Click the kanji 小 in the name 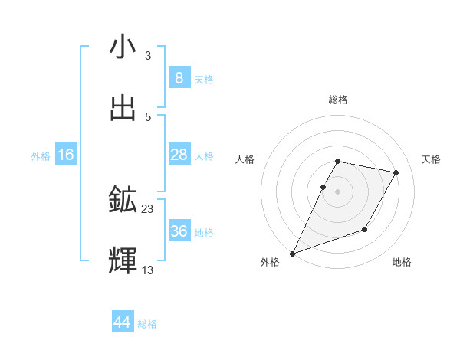click(123, 47)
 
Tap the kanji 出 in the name click(123, 109)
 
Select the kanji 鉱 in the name click(123, 201)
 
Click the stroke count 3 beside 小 click(147, 55)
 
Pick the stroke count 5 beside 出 click(147, 116)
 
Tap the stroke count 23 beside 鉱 click(148, 208)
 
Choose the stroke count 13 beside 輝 click(148, 270)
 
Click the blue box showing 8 click(179, 78)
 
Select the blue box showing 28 click(179, 155)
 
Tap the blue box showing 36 click(179, 231)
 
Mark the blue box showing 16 click(65, 155)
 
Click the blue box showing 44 click(123, 322)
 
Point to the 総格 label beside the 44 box click(148, 324)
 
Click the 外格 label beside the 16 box click(41, 156)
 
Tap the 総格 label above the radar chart click(338, 100)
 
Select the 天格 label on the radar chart click(431, 159)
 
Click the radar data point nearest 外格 click(292, 253)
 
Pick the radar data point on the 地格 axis click(365, 229)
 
